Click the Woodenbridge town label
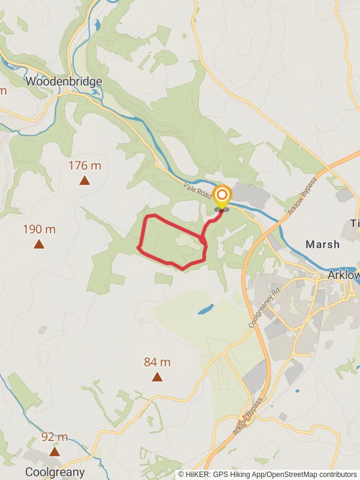point(64,82)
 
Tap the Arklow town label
point(344,275)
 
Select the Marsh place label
point(322,244)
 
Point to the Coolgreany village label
point(55,472)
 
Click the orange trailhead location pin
point(222,196)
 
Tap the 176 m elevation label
point(85,166)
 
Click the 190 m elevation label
point(39,229)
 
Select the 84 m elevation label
point(157,362)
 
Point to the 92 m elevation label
point(55,437)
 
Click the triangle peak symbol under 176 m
point(85,180)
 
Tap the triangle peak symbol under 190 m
point(39,244)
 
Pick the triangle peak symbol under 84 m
point(157,377)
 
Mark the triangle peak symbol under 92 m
point(55,451)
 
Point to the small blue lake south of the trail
point(205,310)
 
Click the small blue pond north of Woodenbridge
point(97,25)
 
